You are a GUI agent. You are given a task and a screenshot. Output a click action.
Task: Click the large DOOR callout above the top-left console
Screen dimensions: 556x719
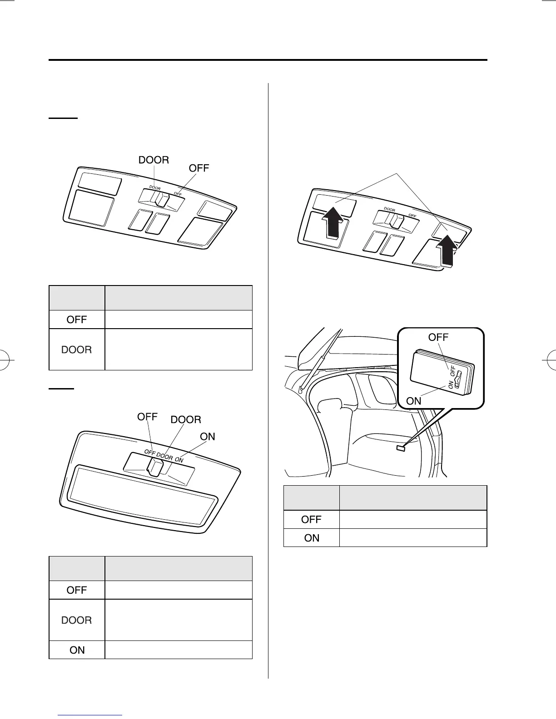[x=154, y=160]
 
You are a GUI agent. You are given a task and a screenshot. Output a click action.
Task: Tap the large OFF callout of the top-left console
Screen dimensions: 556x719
[x=199, y=168]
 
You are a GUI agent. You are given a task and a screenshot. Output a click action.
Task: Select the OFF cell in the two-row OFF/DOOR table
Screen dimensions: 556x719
[x=77, y=320]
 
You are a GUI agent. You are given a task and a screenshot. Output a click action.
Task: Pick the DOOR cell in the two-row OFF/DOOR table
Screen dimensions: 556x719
[x=77, y=350]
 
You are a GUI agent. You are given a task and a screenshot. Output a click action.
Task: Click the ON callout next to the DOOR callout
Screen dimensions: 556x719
[x=208, y=437]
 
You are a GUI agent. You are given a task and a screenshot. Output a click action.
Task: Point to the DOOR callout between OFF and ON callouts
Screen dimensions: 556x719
[x=186, y=420]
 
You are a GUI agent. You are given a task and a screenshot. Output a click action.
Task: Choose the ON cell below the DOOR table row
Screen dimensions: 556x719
[x=77, y=650]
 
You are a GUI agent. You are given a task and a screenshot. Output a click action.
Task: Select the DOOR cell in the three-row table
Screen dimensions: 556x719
[x=77, y=620]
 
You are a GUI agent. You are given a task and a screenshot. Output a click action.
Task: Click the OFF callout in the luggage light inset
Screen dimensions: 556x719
[x=438, y=337]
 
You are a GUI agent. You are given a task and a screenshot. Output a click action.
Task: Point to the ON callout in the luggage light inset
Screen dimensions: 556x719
[x=414, y=401]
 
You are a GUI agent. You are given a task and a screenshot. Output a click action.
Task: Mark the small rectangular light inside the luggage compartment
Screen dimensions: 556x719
[x=401, y=448]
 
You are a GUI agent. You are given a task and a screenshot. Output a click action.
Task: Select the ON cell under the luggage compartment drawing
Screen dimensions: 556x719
[x=312, y=538]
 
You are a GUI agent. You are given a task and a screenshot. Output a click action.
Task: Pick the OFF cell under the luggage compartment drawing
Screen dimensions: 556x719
[x=312, y=519]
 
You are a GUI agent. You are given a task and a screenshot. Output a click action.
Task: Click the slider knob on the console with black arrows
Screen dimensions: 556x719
[x=394, y=220]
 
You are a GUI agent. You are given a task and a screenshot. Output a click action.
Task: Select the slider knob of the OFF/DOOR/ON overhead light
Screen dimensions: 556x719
[x=155, y=467]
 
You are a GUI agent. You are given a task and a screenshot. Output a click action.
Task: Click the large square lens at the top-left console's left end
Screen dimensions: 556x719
[x=90, y=208]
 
